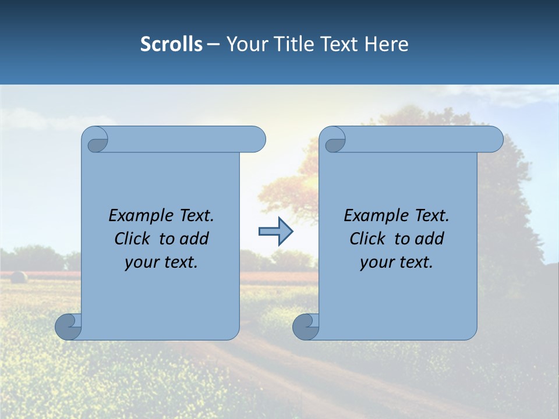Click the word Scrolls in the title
click(171, 44)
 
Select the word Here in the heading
click(386, 44)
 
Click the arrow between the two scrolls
click(275, 232)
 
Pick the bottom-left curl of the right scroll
click(306, 326)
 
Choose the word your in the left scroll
click(141, 263)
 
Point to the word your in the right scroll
click(376, 263)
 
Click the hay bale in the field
click(19, 277)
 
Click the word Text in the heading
click(340, 44)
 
